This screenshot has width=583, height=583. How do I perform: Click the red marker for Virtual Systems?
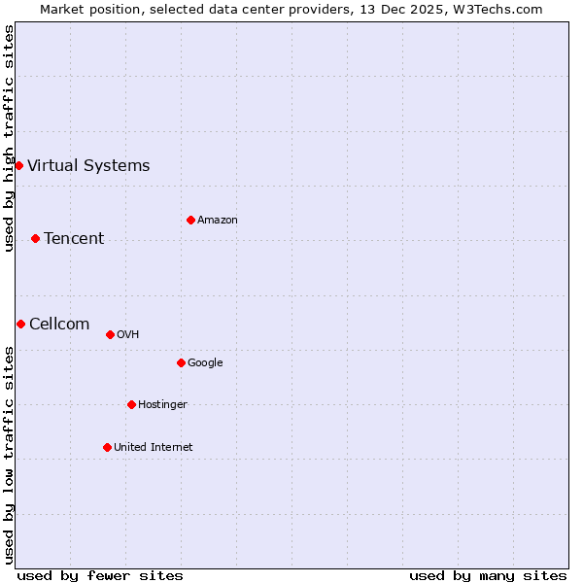[x=18, y=165]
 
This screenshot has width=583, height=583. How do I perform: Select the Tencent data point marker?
[x=35, y=238]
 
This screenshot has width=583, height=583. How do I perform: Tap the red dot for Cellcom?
[x=20, y=324]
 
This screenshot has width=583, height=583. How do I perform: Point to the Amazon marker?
[x=190, y=220]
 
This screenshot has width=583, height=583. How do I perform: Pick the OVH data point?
[x=110, y=334]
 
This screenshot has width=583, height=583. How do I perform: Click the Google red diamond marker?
[x=181, y=362]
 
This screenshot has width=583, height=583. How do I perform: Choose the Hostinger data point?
[x=131, y=404]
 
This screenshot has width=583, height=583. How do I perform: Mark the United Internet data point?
[x=107, y=447]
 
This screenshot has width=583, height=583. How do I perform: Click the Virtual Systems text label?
[x=88, y=165]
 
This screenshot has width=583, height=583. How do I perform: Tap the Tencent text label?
[x=74, y=238]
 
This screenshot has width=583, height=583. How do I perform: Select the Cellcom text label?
[x=59, y=324]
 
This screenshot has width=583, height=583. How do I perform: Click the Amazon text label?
[x=218, y=220]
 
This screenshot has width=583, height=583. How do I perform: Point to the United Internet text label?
[x=154, y=447]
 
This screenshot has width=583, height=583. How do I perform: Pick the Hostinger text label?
[x=162, y=404]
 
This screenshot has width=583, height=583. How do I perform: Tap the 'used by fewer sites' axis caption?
[x=100, y=575]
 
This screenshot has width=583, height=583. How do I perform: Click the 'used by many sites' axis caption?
[x=488, y=575]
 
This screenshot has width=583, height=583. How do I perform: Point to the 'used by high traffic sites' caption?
[x=9, y=138]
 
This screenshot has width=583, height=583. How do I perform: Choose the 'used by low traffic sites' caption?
[x=9, y=455]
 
